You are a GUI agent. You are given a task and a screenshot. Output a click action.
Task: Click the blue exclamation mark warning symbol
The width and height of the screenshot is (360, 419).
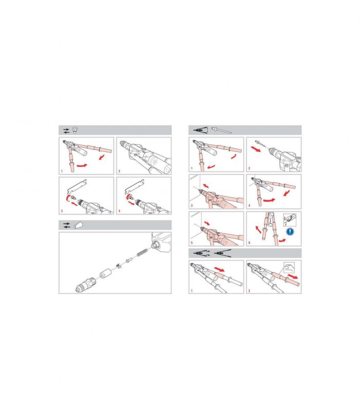(290, 232)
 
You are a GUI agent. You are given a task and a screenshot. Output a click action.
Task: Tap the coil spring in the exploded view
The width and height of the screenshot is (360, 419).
(142, 252)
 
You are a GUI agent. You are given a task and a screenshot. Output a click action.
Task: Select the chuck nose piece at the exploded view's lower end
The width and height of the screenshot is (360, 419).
(84, 285)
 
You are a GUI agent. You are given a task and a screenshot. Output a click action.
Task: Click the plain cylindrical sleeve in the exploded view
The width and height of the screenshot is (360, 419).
(105, 273)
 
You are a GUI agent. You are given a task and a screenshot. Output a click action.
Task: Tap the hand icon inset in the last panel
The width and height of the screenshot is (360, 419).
(289, 268)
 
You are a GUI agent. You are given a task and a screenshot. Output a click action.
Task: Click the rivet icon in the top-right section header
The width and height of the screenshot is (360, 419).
(222, 130)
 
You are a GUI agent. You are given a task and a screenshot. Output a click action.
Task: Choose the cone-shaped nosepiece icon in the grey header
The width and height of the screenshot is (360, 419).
(78, 225)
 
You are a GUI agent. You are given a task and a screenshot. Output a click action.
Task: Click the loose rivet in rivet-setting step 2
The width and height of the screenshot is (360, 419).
(261, 144)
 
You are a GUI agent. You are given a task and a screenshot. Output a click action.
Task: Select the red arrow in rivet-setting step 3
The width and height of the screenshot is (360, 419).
(205, 185)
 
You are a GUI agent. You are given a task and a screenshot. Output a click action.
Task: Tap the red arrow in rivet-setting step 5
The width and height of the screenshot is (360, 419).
(207, 223)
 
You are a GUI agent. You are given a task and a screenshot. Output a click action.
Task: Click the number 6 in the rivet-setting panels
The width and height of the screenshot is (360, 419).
(249, 242)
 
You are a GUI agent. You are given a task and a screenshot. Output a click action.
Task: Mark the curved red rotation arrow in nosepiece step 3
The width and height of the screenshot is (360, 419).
(68, 198)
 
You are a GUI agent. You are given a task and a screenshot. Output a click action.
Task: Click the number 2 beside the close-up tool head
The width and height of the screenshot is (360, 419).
(119, 171)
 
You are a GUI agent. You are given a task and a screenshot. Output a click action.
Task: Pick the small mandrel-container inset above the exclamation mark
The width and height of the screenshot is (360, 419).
(290, 220)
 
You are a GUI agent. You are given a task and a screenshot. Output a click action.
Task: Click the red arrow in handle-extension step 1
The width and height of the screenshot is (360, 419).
(219, 269)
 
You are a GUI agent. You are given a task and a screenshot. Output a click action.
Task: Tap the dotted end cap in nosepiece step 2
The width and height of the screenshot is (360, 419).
(167, 169)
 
